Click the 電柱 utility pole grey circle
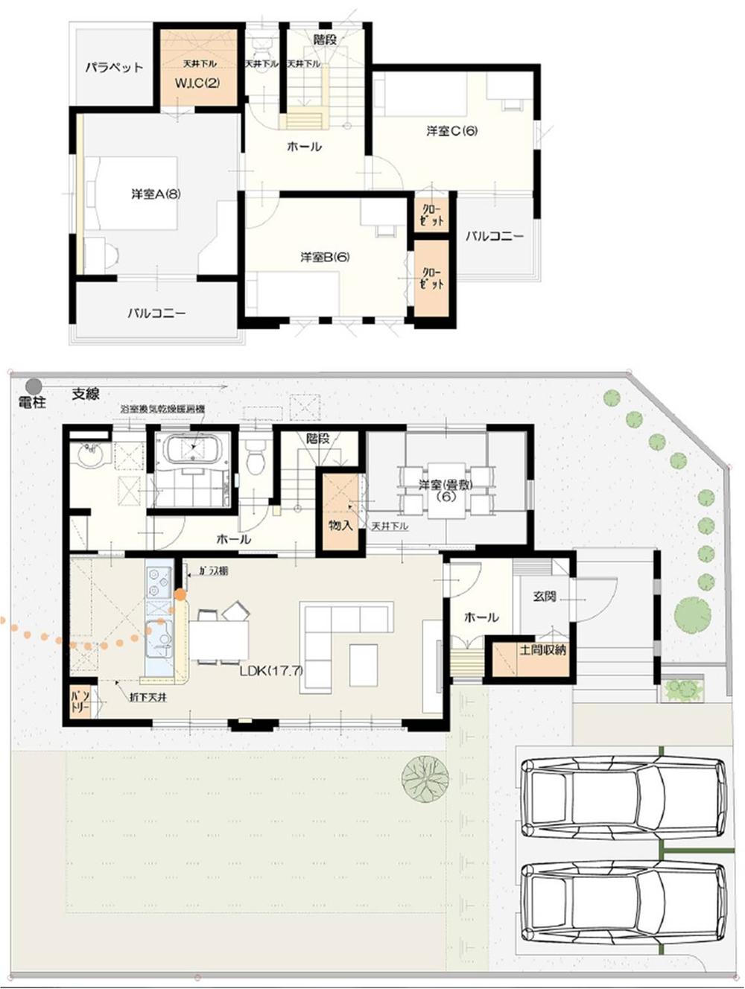pyautogui.click(x=33, y=386)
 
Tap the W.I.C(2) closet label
pyautogui.click(x=197, y=83)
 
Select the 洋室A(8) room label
pyautogui.click(x=156, y=194)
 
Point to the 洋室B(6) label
pyautogui.click(x=325, y=257)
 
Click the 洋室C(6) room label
pyautogui.click(x=451, y=131)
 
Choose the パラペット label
pyautogui.click(x=113, y=68)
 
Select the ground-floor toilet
pyautogui.click(x=255, y=457)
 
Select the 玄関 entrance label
pyautogui.click(x=545, y=597)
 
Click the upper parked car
pyautogui.click(x=624, y=797)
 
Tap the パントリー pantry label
pyautogui.click(x=80, y=701)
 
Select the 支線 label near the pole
pyautogui.click(x=86, y=395)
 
